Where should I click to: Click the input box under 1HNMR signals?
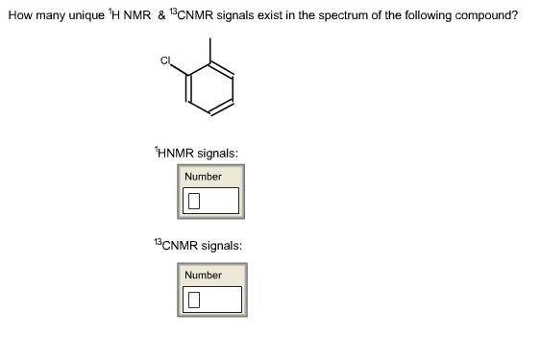[210, 201]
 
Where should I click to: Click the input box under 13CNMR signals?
[210, 300]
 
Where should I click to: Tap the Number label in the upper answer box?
[203, 177]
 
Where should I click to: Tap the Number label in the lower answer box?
[203, 276]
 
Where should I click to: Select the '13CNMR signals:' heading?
[196, 245]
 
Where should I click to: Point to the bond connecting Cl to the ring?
[180, 70]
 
